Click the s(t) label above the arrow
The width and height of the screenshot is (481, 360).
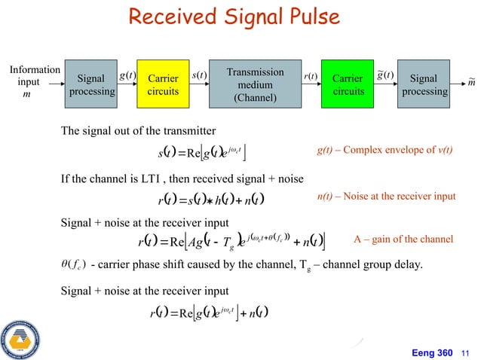coord(201,76)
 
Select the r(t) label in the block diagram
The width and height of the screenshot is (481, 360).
coord(310,76)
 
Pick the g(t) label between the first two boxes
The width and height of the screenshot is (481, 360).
coord(127,76)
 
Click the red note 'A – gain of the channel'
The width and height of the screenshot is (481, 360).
coord(403,239)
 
